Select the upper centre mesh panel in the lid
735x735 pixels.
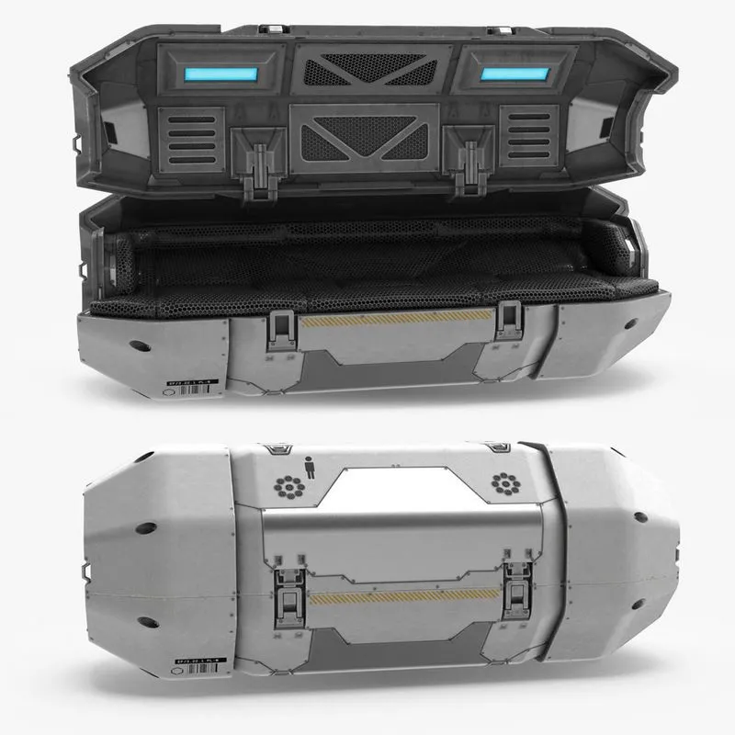[x=366, y=70]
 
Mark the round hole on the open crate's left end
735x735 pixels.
[x=140, y=346]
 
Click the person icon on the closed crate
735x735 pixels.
[x=308, y=467]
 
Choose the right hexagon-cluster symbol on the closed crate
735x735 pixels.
[x=503, y=482]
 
